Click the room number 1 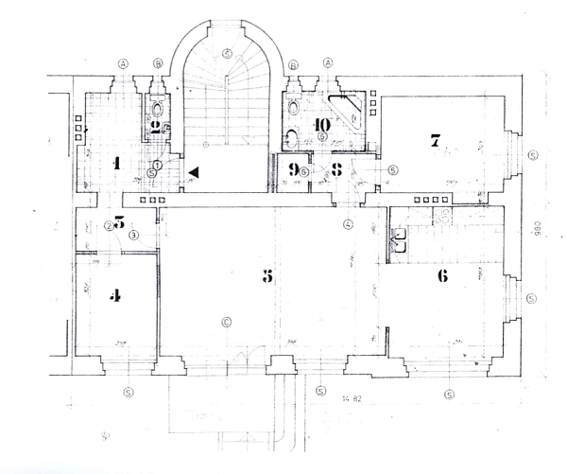(115, 163)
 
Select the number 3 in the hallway (119, 224)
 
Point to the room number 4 (115, 295)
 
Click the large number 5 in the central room (266, 275)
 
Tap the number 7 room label (435, 142)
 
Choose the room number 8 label (337, 171)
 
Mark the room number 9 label (294, 171)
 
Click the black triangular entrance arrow (193, 171)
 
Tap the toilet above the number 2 (157, 107)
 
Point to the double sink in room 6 (400, 237)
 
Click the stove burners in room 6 (441, 217)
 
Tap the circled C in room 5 (226, 320)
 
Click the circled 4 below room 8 (348, 224)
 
